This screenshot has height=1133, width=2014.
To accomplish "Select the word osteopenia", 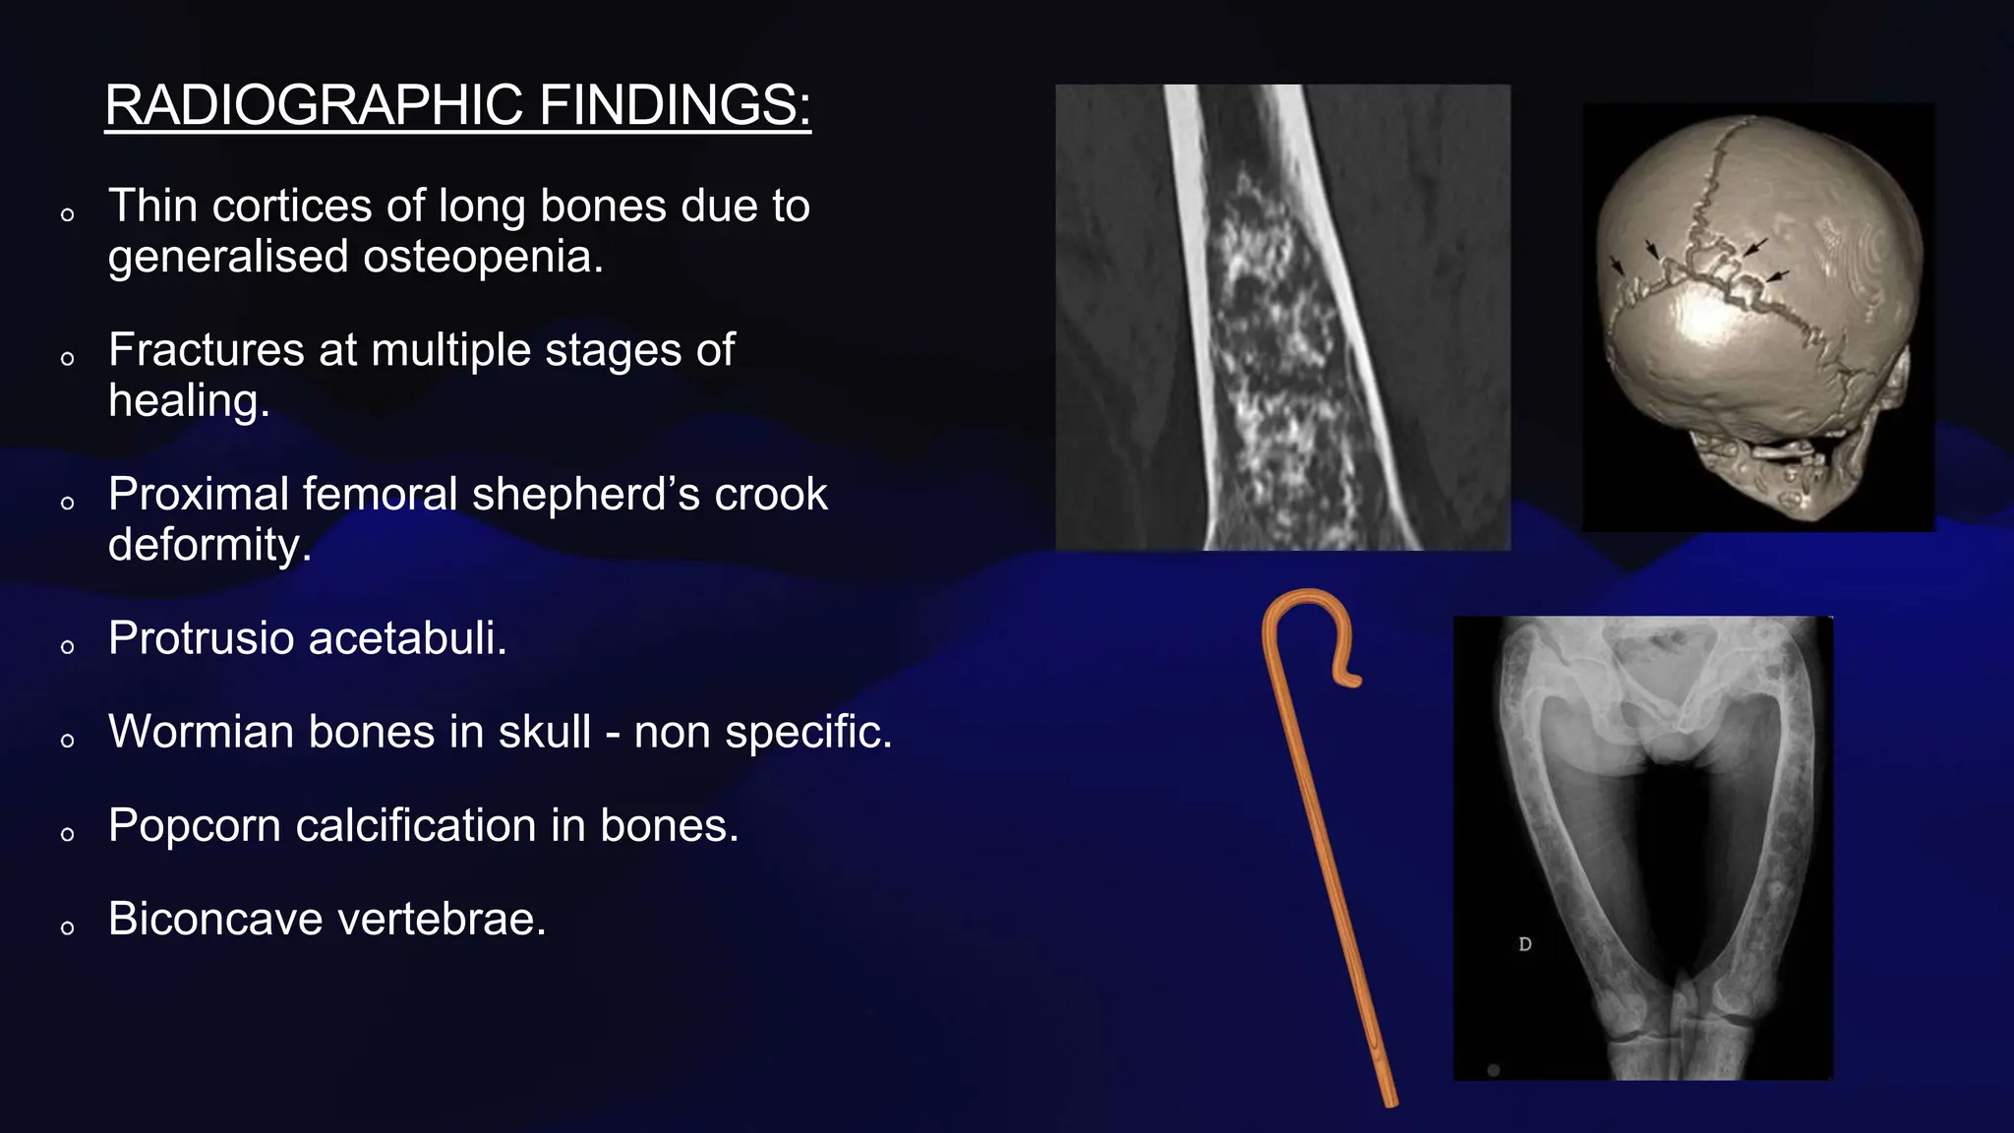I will [482, 258].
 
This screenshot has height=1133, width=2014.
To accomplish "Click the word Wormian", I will [203, 733].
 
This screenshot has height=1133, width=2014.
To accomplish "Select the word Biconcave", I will [215, 920].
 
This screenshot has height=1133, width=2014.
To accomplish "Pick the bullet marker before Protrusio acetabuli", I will [67, 647].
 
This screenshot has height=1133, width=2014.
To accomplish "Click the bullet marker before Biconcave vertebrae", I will [67, 927].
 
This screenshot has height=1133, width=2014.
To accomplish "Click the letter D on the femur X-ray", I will [1524, 944].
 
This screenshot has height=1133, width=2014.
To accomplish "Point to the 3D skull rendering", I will [1757, 318].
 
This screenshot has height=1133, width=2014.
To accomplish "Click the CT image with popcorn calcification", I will [1282, 318].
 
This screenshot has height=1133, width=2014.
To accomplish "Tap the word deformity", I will [208, 545].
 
